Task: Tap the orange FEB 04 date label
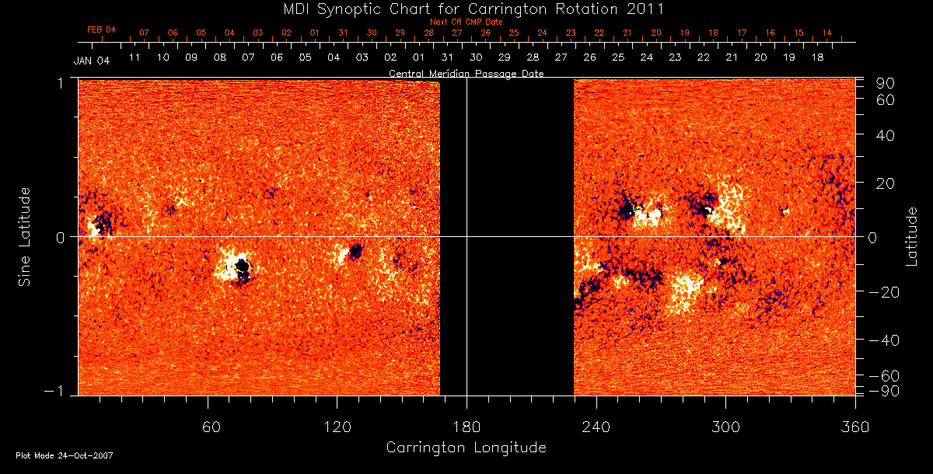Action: [101, 30]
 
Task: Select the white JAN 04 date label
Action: [91, 61]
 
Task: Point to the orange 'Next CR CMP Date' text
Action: [466, 22]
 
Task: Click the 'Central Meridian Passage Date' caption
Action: [466, 74]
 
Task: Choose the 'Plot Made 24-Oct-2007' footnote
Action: [65, 455]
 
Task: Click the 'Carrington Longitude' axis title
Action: [466, 448]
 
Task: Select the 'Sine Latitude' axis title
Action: [25, 235]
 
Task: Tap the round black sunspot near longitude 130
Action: [356, 251]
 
